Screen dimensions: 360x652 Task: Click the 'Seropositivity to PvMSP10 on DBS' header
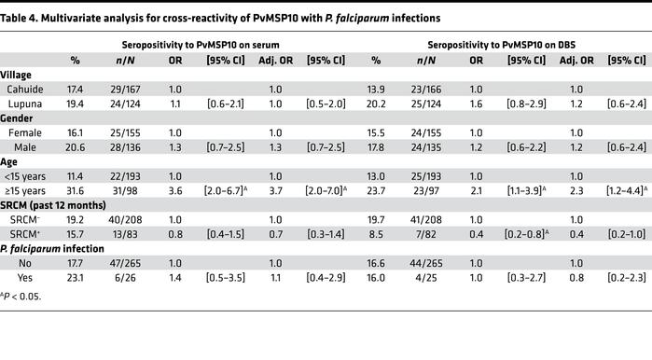500,44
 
